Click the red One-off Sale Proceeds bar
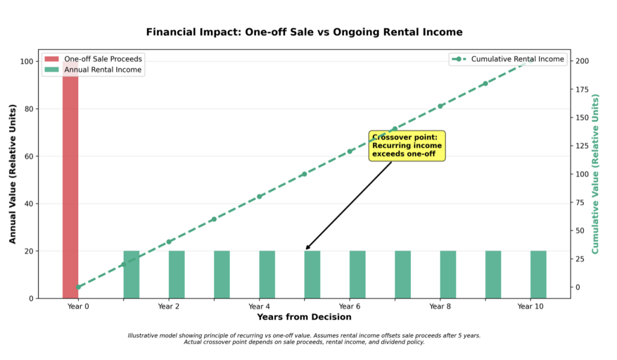[70, 181]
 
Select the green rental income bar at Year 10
[538, 274]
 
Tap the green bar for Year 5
[312, 274]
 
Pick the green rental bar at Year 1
[131, 274]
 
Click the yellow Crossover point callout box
[407, 146]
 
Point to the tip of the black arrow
[306, 249]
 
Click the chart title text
[304, 32]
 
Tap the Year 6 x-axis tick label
[349, 306]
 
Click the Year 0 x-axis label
[78, 306]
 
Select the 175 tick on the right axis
[581, 89]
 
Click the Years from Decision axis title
[304, 317]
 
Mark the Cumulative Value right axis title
[595, 173]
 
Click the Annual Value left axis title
[13, 173]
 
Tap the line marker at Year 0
[78, 287]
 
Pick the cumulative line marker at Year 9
[485, 84]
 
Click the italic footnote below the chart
[304, 338]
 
